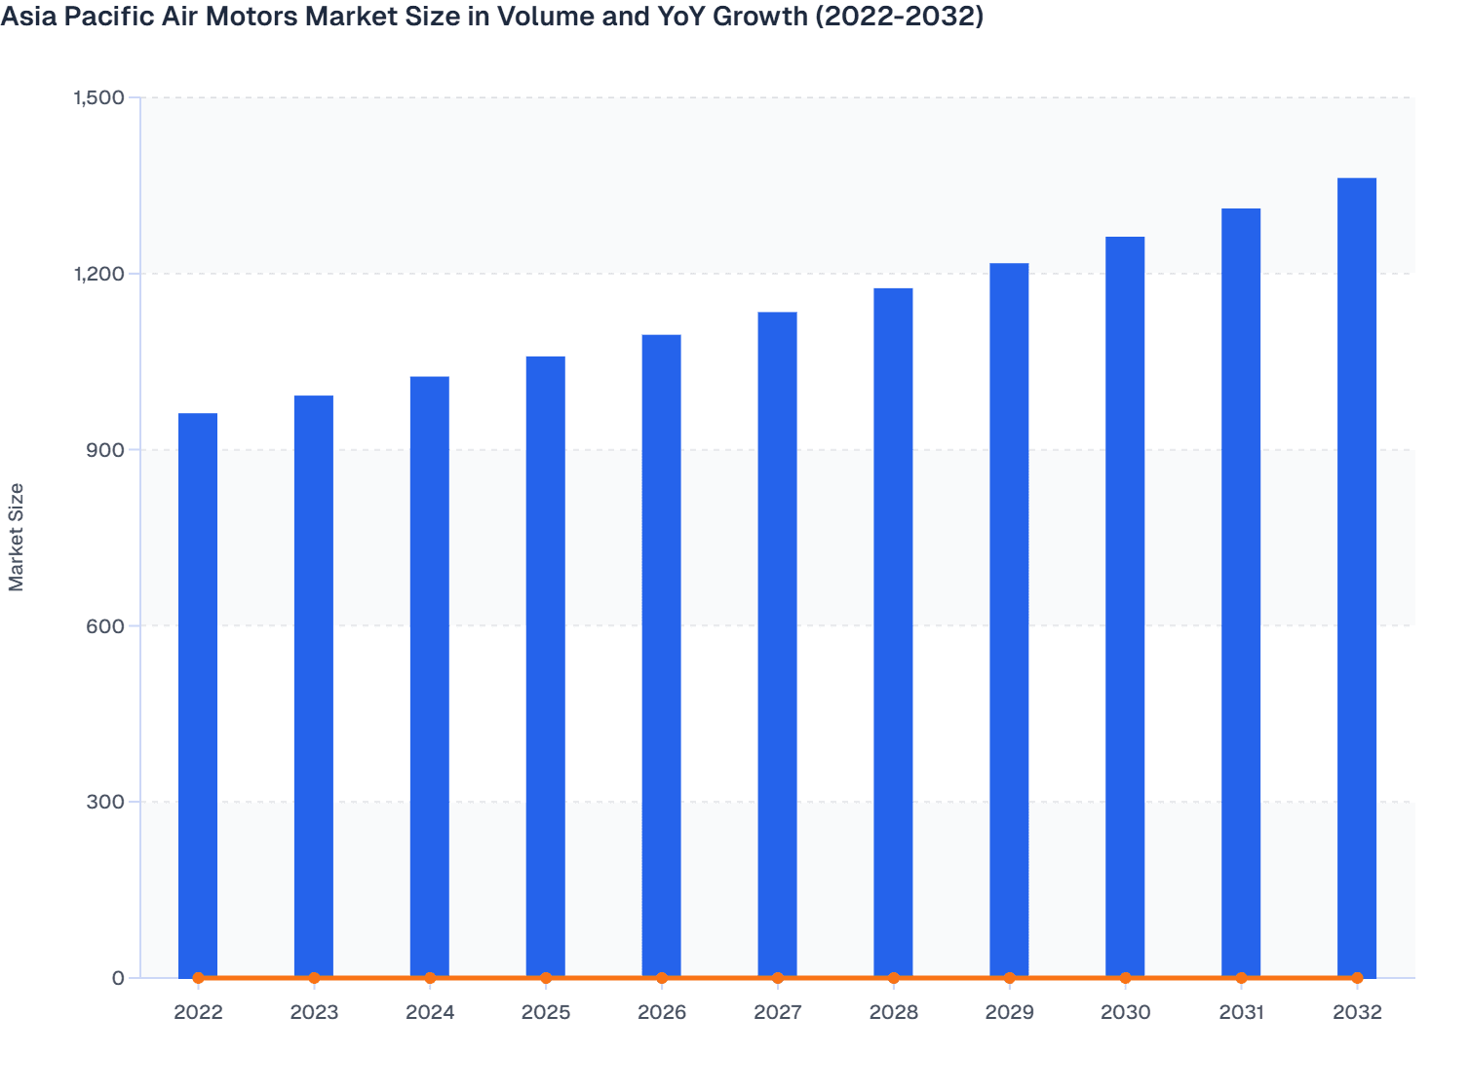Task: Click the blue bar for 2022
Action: (198, 695)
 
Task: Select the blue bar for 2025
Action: (546, 666)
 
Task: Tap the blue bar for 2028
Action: (893, 632)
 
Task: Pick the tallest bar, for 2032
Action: (1357, 578)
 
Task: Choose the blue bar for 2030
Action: (1125, 607)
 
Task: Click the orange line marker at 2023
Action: (314, 978)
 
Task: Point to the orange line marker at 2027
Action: (778, 978)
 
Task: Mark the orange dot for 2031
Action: (1241, 978)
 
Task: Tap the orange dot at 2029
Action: (1009, 978)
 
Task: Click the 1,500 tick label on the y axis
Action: (98, 97)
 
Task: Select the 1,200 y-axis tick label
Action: (98, 274)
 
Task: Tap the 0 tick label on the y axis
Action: (118, 978)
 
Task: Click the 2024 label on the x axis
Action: (430, 1013)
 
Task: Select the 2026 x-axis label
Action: (662, 1013)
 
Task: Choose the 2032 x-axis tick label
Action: (1357, 1013)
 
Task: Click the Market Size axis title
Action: (17, 537)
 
